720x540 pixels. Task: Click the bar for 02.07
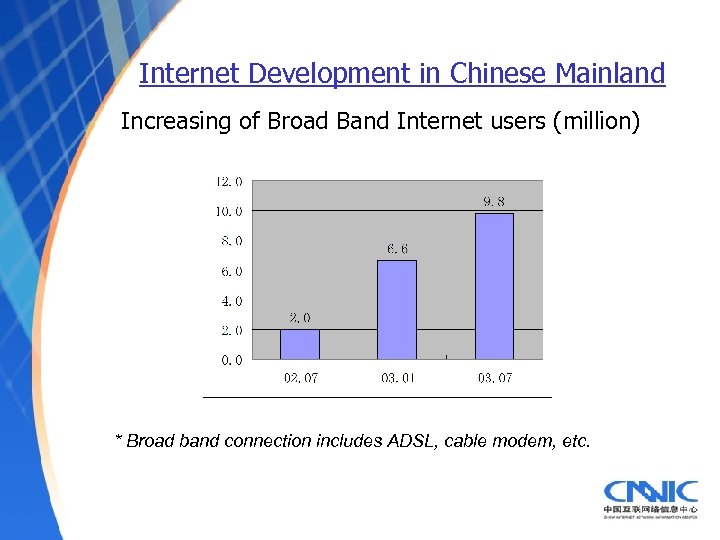coord(299,344)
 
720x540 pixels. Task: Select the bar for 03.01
coord(396,309)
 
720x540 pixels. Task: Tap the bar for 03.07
coord(494,286)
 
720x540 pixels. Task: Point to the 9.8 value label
coord(494,202)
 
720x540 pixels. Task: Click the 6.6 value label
coord(397,249)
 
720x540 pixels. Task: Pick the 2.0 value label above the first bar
coord(300,318)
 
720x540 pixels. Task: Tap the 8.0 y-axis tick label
coord(231,241)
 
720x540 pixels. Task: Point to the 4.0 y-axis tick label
coord(231,301)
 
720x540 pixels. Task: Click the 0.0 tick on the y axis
coord(231,360)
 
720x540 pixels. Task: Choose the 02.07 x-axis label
coord(300,378)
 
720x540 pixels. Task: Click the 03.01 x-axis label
coord(397,378)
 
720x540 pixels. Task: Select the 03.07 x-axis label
coord(494,378)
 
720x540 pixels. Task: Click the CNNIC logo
coord(650,497)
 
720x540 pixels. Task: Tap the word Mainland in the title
coord(611,74)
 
